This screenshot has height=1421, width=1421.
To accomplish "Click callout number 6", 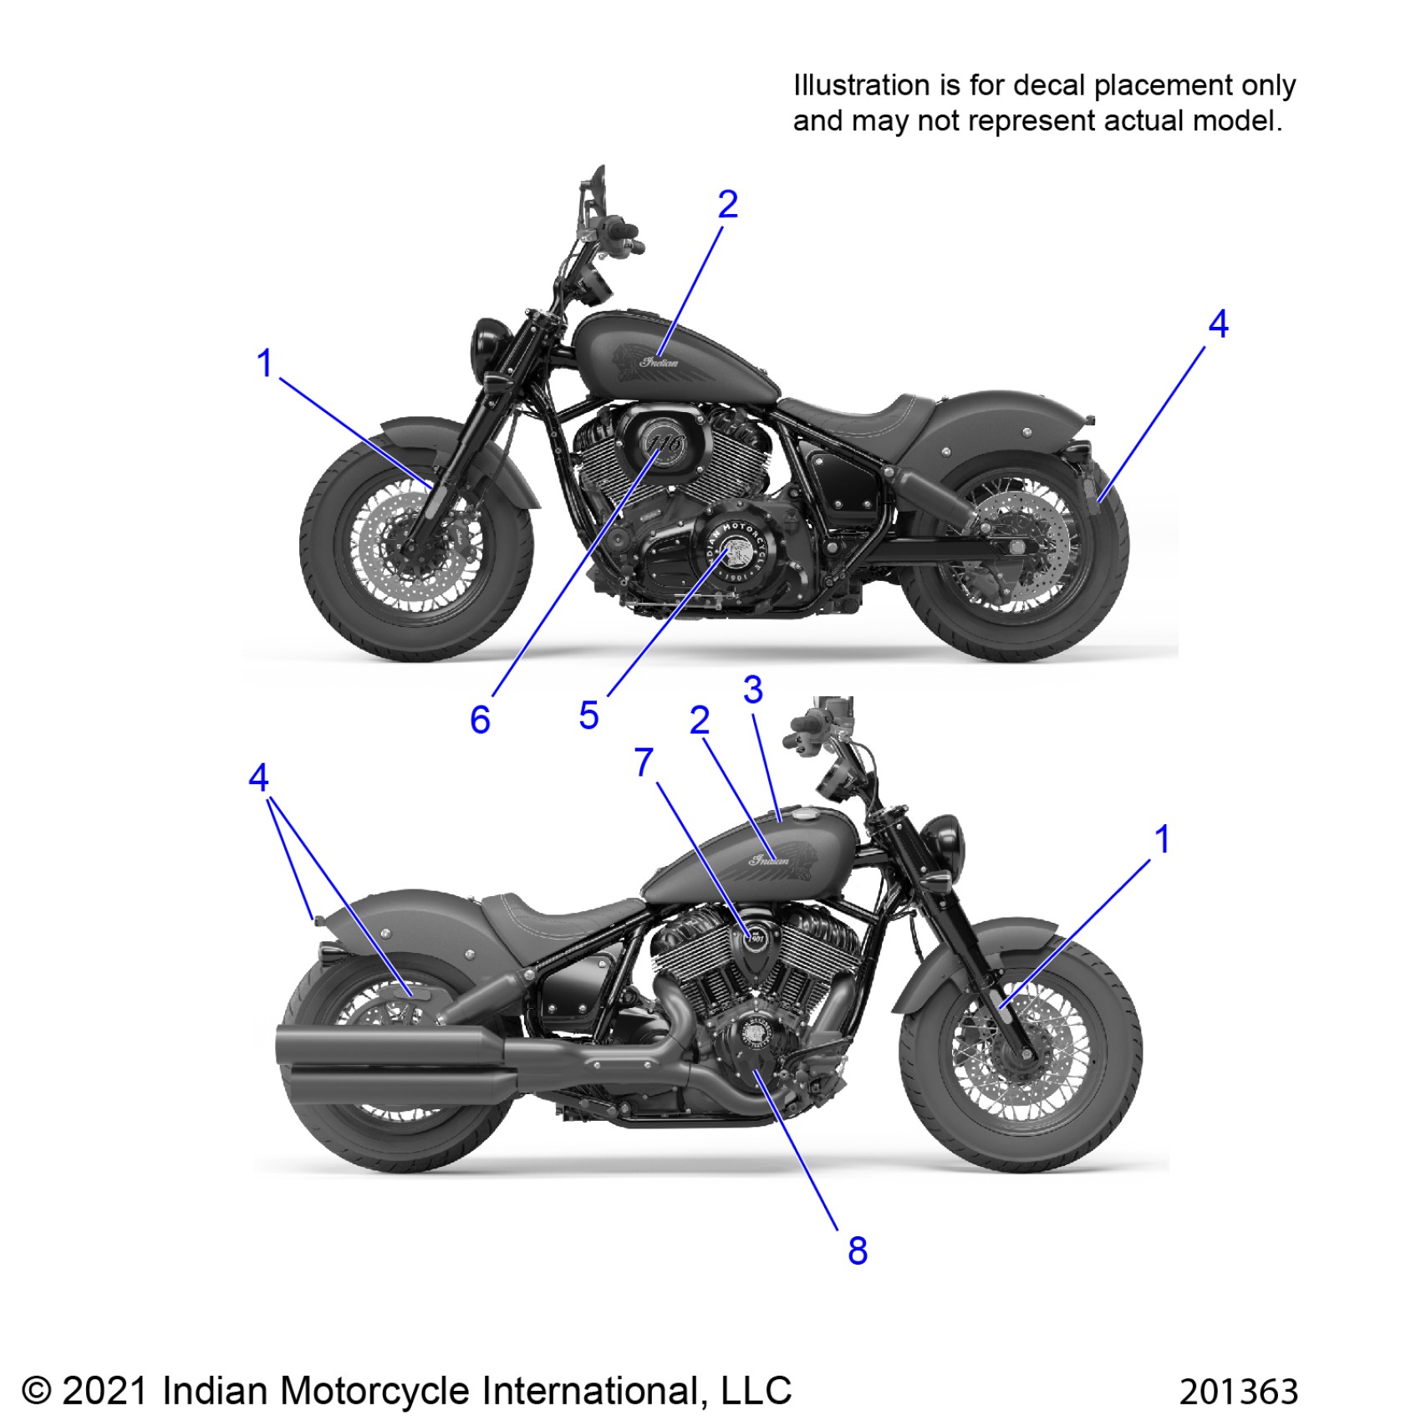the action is [x=480, y=720].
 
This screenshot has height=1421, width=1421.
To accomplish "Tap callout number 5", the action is [x=588, y=716].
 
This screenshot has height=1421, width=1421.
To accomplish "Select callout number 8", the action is [x=858, y=1251].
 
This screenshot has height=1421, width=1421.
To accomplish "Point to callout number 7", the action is [x=644, y=762].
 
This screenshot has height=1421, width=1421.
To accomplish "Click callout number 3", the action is [x=753, y=690].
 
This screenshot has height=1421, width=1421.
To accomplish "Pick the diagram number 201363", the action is [x=1239, y=1392].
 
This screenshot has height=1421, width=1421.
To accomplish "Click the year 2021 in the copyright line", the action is [x=105, y=1391].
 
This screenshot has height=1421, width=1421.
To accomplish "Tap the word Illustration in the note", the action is [x=861, y=85].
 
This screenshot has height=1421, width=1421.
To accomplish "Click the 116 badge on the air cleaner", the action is [x=665, y=444].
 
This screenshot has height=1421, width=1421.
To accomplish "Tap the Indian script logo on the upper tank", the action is [x=660, y=362].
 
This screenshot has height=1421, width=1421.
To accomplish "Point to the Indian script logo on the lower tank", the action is [x=768, y=859].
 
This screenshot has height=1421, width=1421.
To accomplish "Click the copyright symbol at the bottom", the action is [x=36, y=1391].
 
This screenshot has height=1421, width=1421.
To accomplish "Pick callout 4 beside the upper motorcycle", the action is [x=1219, y=324].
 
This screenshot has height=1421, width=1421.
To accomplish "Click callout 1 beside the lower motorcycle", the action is [x=1162, y=839].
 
